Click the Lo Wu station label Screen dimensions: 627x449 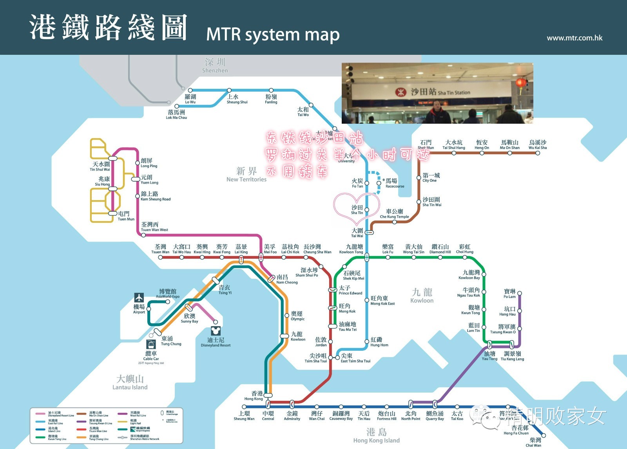click(190, 99)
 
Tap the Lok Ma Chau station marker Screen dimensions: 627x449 click(177, 106)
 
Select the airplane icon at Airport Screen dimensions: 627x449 click(139, 298)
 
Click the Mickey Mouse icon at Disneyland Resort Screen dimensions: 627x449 click(216, 331)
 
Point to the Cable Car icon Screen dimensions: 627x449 click(151, 344)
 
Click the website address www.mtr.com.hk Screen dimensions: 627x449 click(574, 38)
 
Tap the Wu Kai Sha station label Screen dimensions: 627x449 click(537, 145)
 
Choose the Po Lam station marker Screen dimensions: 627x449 click(520, 293)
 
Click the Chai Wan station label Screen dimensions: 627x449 click(534, 442)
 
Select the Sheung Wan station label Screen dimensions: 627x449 click(244, 416)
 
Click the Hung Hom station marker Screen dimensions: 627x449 click(367, 341)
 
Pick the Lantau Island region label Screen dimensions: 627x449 click(130, 382)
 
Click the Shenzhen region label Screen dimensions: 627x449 click(215, 65)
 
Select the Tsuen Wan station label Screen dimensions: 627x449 click(160, 249)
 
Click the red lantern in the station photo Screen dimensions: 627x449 click(520, 83)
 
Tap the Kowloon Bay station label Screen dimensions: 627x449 click(470, 274)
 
